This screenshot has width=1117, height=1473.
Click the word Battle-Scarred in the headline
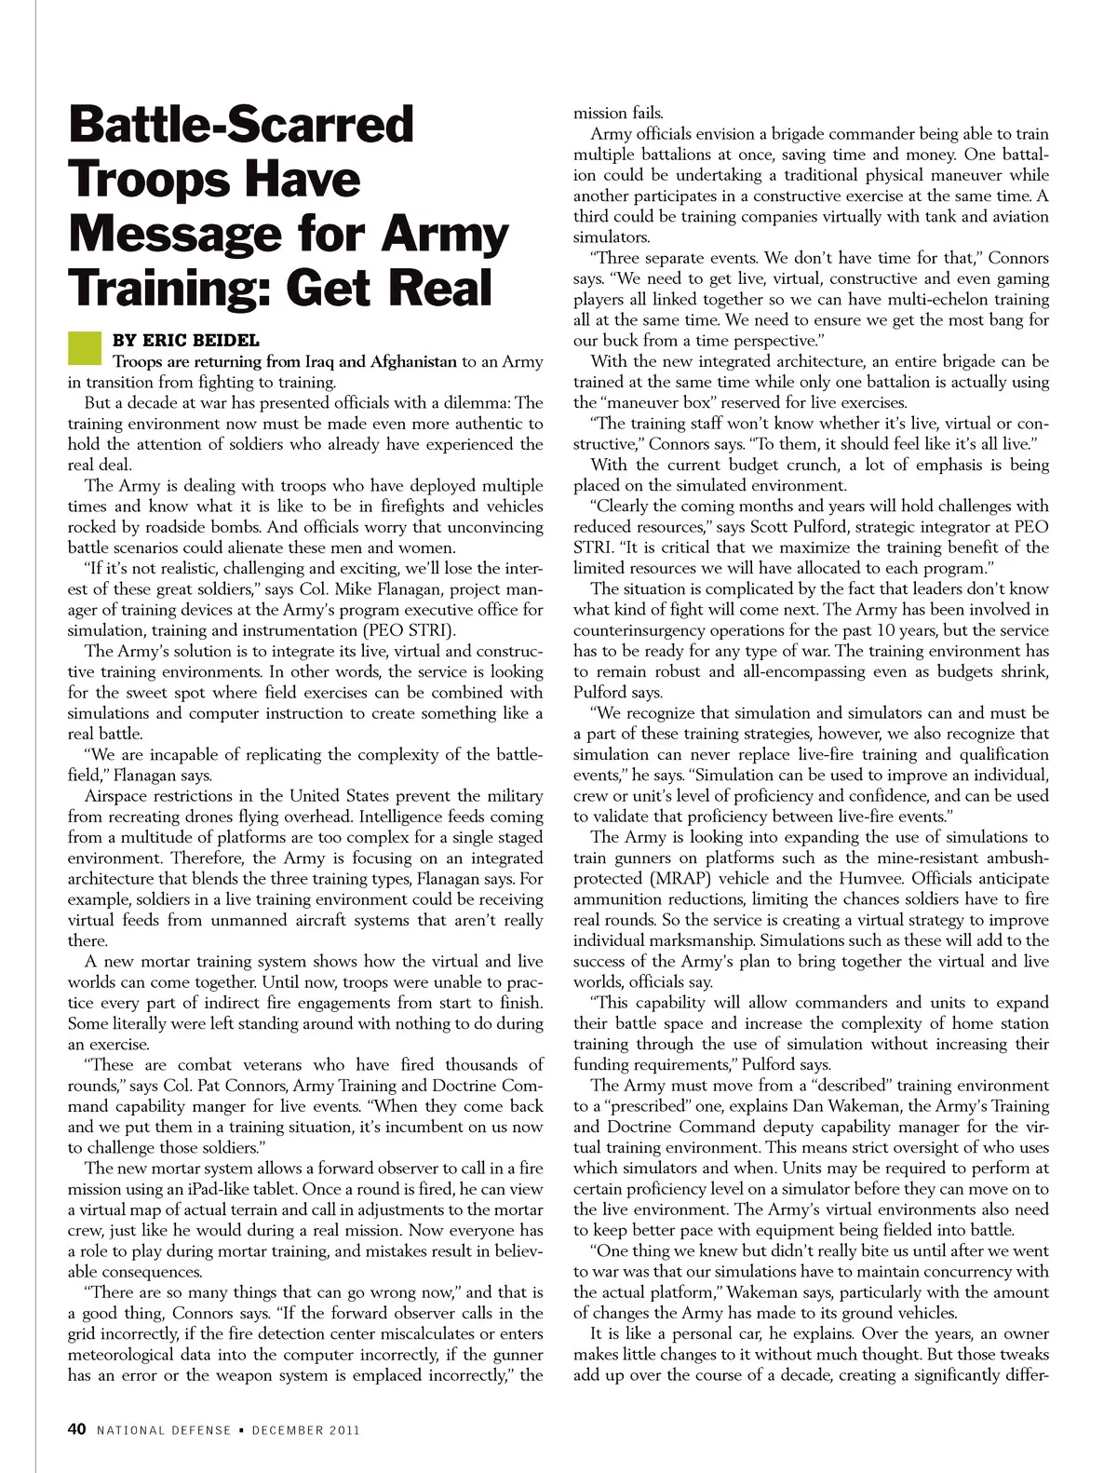241,125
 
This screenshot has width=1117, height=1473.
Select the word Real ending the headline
440,287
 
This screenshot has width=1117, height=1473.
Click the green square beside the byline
84,348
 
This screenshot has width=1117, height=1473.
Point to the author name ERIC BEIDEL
200,341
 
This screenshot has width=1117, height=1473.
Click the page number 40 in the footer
77,1429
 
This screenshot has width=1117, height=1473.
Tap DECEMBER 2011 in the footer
305,1430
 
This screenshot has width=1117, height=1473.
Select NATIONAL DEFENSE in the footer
164,1430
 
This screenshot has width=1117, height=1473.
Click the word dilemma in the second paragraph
474,403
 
